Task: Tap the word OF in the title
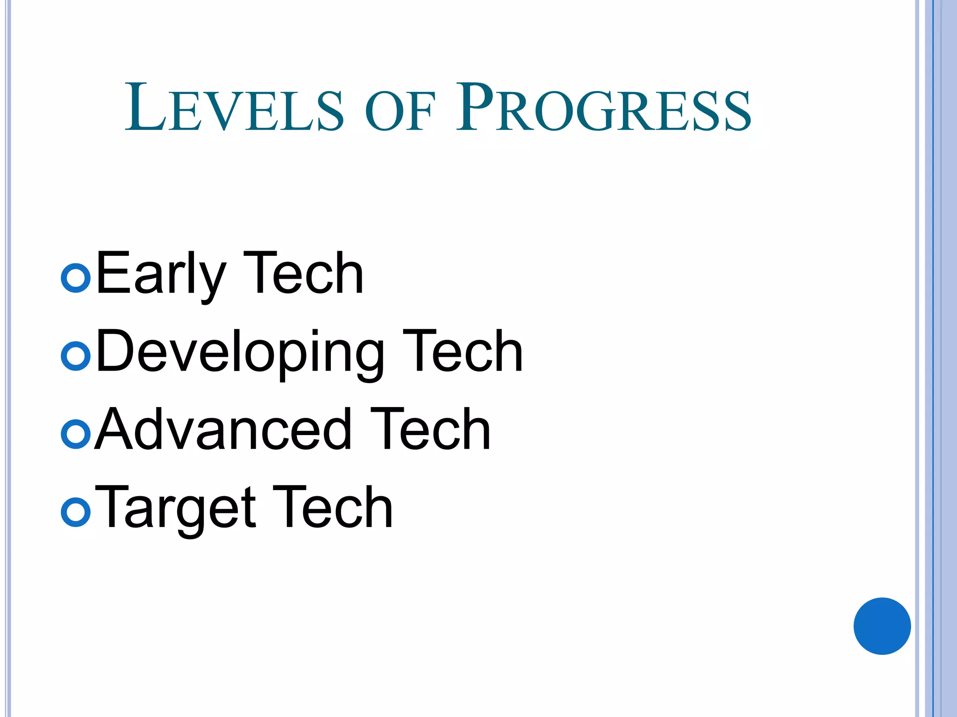(x=400, y=112)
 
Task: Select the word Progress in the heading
(x=603, y=108)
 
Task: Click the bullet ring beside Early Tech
(x=76, y=278)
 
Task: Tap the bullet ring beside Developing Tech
(x=76, y=356)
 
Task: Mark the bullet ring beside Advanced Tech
(x=76, y=434)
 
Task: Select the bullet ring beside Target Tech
(x=76, y=512)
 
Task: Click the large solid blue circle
(x=882, y=626)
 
